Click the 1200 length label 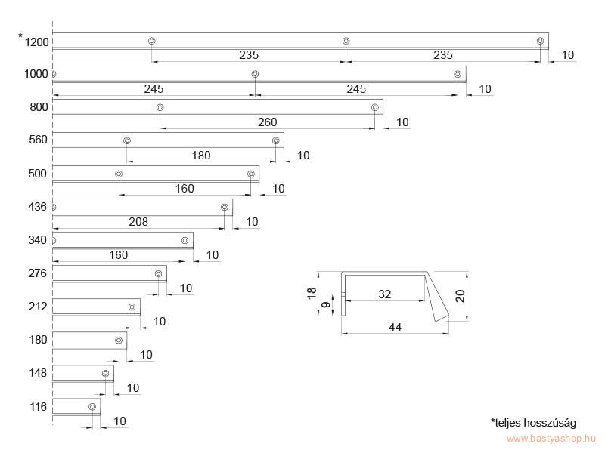pyautogui.click(x=36, y=42)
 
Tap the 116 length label pyautogui.click(x=38, y=407)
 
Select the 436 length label pyautogui.click(x=37, y=207)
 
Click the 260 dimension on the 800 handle pyautogui.click(x=268, y=122)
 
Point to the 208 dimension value pyautogui.click(x=138, y=222)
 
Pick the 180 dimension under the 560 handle pyautogui.click(x=201, y=156)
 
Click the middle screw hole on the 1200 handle pyautogui.click(x=346, y=41)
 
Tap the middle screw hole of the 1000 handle pyautogui.click(x=255, y=74)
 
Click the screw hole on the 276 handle pyautogui.click(x=158, y=274)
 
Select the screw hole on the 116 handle pyautogui.click(x=92, y=407)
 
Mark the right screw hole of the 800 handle pyautogui.click(x=374, y=107)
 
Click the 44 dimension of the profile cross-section pyautogui.click(x=395, y=328)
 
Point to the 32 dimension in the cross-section pyautogui.click(x=385, y=294)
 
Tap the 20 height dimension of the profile pyautogui.click(x=460, y=296)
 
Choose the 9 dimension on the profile pyautogui.click(x=326, y=305)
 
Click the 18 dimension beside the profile pyautogui.click(x=312, y=294)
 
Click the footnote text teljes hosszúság pyautogui.click(x=534, y=423)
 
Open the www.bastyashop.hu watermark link pyautogui.click(x=551, y=439)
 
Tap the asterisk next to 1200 pyautogui.click(x=20, y=36)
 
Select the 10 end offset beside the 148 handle pyautogui.click(x=133, y=388)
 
